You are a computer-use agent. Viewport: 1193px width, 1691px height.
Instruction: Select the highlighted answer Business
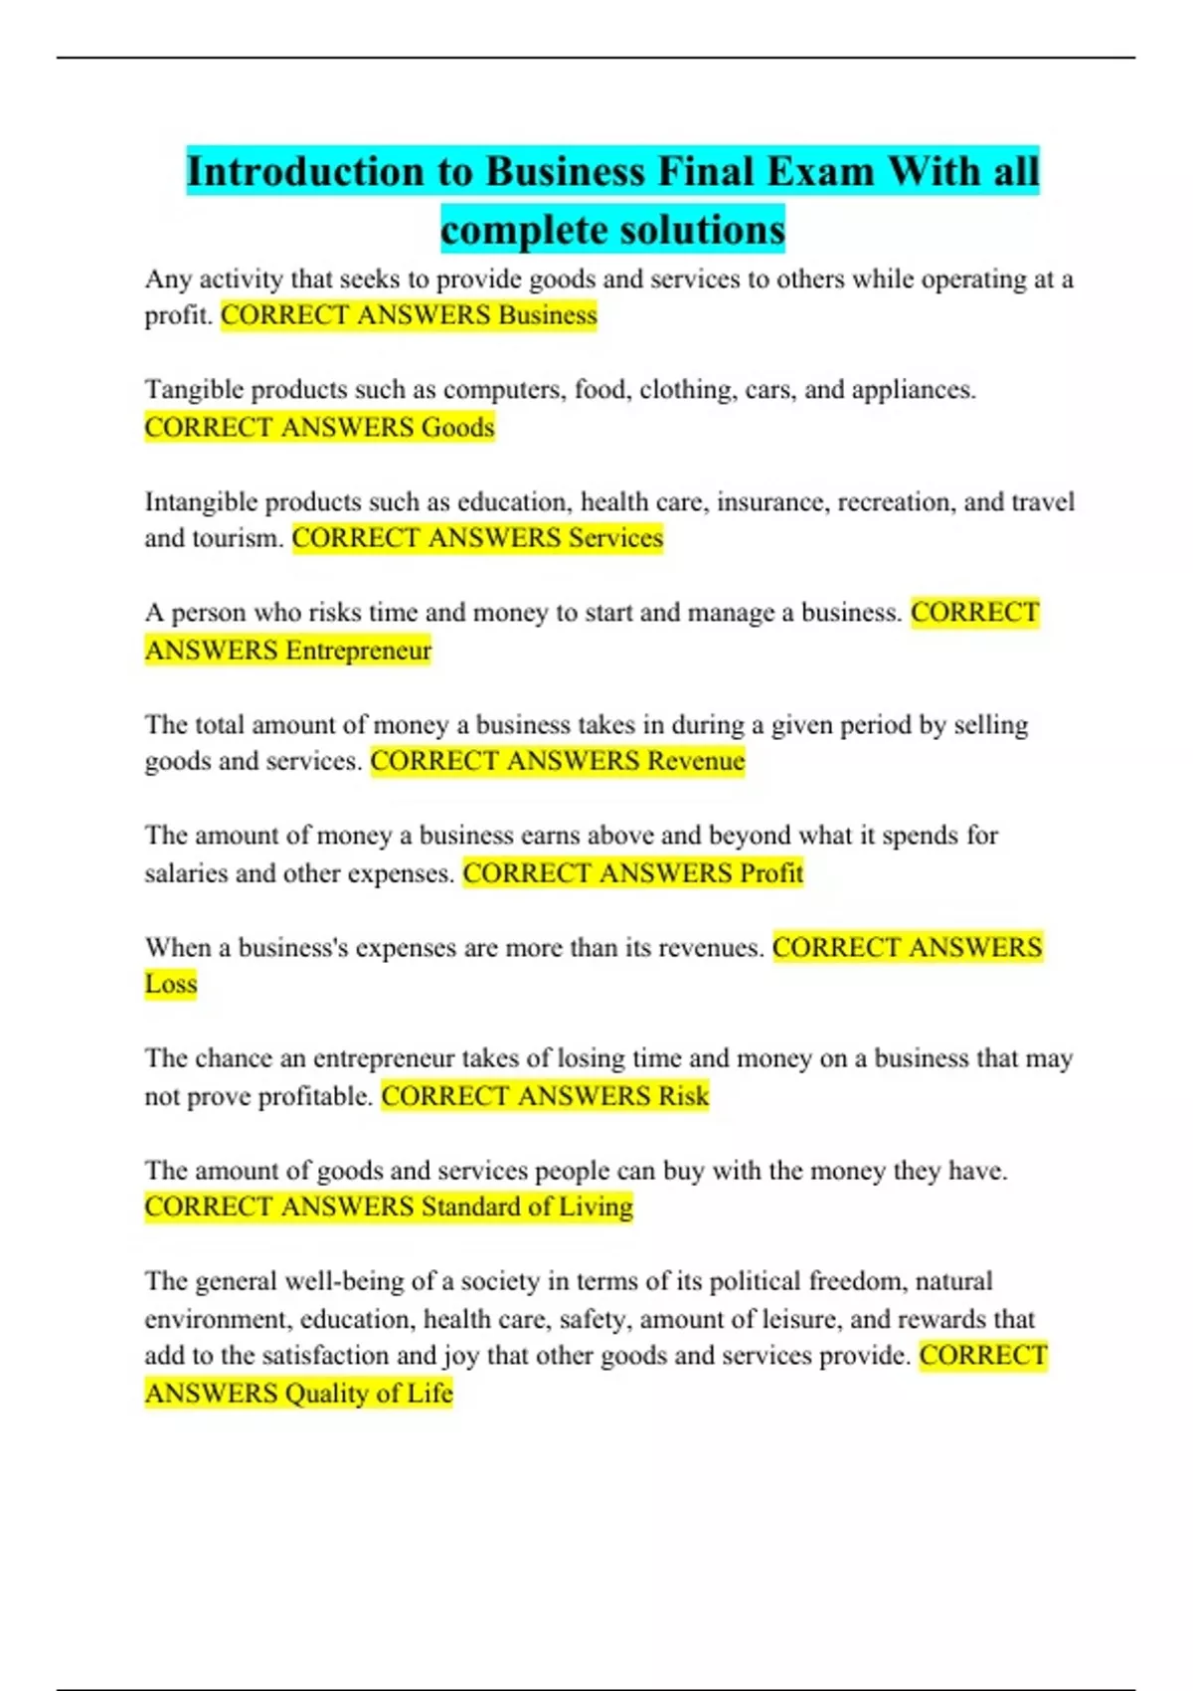[x=548, y=315]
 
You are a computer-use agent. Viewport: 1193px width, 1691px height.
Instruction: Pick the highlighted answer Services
[x=615, y=538]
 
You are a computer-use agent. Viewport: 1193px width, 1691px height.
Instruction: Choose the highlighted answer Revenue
[x=696, y=761]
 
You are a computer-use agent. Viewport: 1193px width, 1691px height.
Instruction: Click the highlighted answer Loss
[x=171, y=985]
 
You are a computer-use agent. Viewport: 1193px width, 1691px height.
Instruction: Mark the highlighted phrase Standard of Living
[x=527, y=1207]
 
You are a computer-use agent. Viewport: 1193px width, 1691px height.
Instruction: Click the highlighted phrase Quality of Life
[x=369, y=1394]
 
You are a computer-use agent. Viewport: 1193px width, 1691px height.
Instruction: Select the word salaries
[x=186, y=873]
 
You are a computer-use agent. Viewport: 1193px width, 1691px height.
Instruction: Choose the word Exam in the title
[x=820, y=172]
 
